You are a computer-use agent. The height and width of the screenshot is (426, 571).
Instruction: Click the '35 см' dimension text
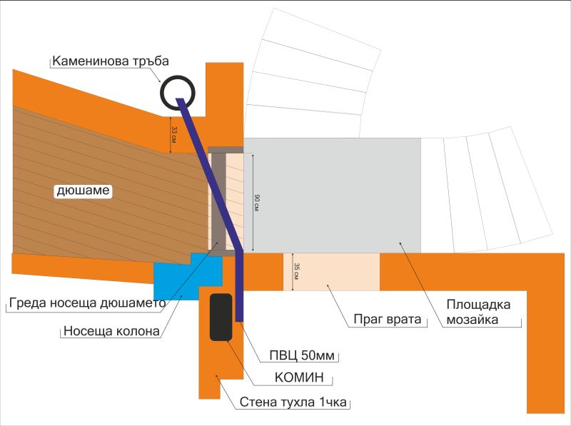[296, 271]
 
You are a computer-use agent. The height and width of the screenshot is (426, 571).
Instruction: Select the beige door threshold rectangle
[331, 271]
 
